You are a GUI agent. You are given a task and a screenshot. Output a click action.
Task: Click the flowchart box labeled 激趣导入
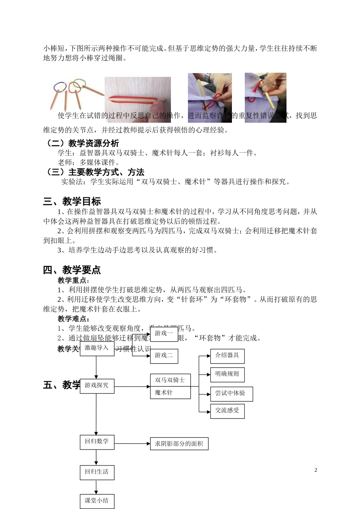(97, 348)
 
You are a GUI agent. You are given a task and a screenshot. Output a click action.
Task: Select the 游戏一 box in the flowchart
(164, 333)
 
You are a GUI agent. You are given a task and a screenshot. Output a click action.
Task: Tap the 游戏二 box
(164, 356)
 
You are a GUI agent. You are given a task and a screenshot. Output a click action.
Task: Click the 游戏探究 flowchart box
(97, 386)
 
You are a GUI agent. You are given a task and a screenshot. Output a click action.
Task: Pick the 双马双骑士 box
(170, 380)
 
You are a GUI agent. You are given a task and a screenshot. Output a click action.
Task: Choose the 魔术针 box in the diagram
(170, 393)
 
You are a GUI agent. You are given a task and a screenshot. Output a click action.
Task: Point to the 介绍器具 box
(227, 356)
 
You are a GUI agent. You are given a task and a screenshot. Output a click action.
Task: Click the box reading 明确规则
(227, 374)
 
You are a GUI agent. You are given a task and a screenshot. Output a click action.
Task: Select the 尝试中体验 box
(231, 393)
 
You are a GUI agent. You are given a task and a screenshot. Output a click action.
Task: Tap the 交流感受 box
(227, 411)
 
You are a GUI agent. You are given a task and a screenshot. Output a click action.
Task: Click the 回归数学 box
(97, 442)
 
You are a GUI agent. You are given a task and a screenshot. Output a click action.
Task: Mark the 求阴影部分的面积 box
(179, 444)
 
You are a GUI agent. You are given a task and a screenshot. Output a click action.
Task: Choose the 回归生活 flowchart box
(97, 472)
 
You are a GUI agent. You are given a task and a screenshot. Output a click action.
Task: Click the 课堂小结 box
(97, 501)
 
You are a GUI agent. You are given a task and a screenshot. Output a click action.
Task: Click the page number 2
(316, 470)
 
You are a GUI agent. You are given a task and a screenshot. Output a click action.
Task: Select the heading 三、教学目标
(72, 201)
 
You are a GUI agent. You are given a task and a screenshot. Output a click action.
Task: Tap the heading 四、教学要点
(72, 270)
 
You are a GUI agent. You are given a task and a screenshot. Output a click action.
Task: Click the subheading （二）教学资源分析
(81, 143)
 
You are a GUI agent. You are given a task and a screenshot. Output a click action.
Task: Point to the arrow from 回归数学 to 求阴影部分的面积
(132, 443)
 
